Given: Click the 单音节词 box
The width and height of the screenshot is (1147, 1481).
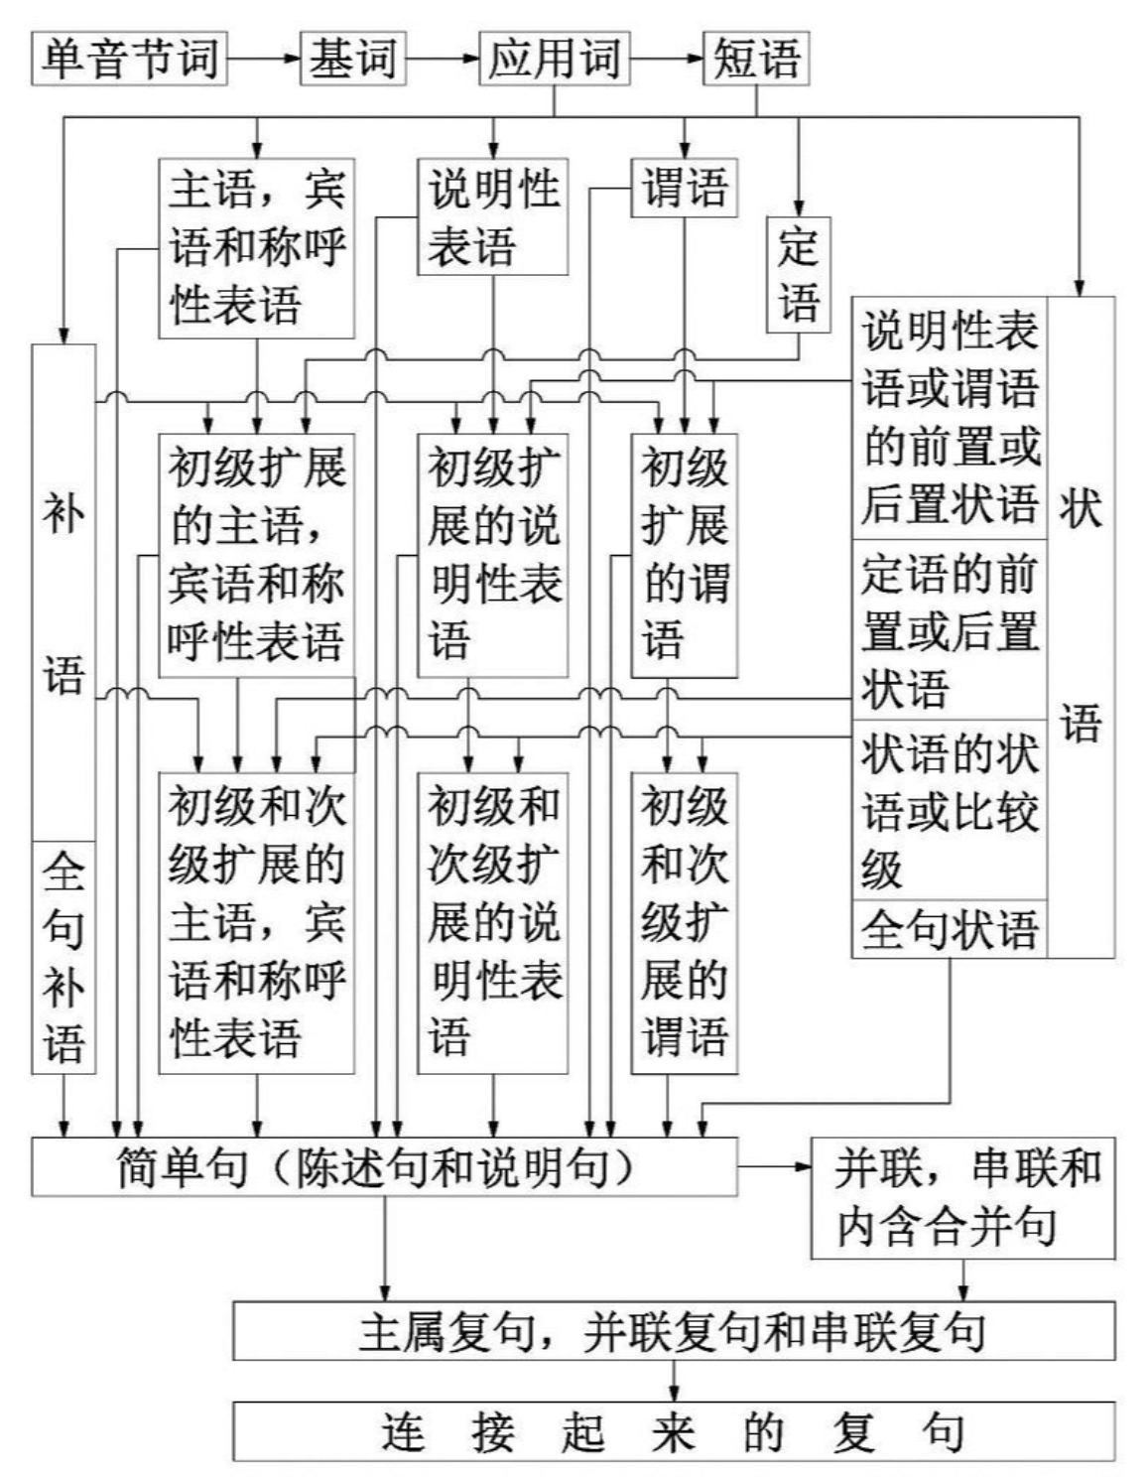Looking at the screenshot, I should [x=130, y=59].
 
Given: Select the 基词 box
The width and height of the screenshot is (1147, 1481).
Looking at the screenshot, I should [x=352, y=59].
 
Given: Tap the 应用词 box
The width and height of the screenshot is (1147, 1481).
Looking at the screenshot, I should [x=554, y=59].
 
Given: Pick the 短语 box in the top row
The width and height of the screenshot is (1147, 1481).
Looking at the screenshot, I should [x=756, y=59].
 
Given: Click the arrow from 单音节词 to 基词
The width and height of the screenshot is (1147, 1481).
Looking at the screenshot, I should [x=263, y=59].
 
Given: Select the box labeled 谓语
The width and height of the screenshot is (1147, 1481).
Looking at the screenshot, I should [x=685, y=188].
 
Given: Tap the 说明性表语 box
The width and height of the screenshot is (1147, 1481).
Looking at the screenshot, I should [x=493, y=216].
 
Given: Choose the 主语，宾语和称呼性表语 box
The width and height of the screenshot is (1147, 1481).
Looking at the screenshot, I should [x=257, y=247].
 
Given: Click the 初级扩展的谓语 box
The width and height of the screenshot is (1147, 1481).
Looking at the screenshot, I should [x=685, y=554].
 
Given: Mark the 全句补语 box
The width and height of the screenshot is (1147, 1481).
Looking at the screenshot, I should [x=64, y=957].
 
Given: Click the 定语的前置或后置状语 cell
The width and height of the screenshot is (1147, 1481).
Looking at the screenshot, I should [x=950, y=630].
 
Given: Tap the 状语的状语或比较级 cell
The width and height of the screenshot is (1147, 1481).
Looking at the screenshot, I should [x=950, y=810].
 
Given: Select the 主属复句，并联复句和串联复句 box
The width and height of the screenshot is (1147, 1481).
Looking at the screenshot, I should [x=674, y=1331].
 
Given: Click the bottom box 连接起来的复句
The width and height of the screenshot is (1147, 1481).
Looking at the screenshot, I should [x=674, y=1431].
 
